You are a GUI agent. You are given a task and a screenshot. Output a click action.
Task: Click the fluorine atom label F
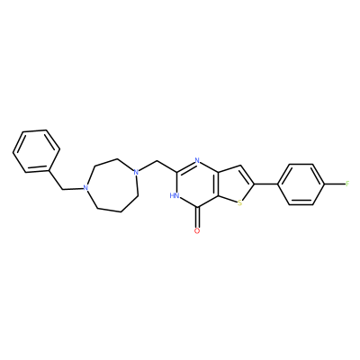point(347,184)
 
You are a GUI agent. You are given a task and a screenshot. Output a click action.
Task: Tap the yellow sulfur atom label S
point(239,203)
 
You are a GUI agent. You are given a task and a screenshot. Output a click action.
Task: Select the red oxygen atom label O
point(197,230)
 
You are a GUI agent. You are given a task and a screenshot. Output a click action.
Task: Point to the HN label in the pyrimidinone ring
point(175,196)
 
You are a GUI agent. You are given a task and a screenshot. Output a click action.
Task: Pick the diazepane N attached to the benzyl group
point(86,188)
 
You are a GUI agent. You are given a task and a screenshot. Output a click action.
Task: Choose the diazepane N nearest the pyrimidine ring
point(136,172)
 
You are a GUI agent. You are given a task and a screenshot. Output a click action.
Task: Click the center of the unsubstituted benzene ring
point(36,151)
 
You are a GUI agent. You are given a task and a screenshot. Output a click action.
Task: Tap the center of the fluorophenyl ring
point(301,184)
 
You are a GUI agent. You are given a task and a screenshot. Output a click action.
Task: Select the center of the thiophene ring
point(235,185)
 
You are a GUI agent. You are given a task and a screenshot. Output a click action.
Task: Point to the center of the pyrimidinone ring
point(197,184)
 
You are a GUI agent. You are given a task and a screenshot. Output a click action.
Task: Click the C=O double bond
point(197,217)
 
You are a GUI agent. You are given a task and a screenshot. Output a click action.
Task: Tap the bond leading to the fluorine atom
point(335,184)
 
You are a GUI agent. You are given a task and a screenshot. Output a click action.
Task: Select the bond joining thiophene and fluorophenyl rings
point(265,184)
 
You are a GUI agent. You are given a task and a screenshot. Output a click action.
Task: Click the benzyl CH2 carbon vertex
point(62,189)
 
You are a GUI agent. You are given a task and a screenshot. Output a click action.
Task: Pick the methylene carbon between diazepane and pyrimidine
point(157,161)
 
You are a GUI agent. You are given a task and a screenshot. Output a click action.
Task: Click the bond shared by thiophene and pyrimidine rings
point(218,184)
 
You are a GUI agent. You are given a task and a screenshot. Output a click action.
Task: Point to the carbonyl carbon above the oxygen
point(197,207)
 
